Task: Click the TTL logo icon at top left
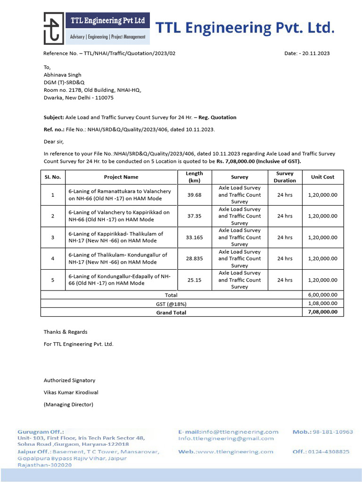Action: point(54,28)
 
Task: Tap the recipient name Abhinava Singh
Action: point(62,75)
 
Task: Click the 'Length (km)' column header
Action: point(194,177)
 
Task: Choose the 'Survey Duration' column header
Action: point(285,177)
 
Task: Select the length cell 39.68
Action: point(194,195)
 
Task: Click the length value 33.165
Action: point(194,237)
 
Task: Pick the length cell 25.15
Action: point(194,280)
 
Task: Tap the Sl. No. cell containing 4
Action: point(53,258)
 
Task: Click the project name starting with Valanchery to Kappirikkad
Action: point(119,216)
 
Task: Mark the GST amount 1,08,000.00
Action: point(322,304)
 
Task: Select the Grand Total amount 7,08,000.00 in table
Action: point(322,312)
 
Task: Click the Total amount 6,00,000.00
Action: point(322,295)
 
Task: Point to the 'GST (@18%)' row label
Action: point(171,304)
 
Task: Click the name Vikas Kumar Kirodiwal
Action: point(71,392)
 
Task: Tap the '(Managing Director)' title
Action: point(68,404)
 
